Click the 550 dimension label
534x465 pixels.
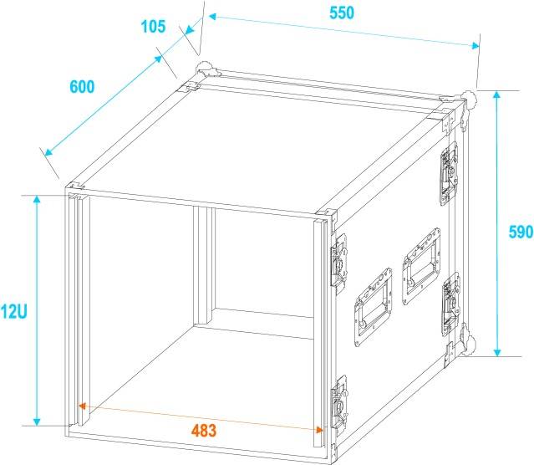[342, 13]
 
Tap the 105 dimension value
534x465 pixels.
[153, 26]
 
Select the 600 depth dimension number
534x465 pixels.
[82, 87]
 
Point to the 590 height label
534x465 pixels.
[521, 232]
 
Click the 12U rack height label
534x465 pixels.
[13, 312]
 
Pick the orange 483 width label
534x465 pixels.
[204, 431]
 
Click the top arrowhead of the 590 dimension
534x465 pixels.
[497, 95]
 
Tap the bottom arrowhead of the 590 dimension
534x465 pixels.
[497, 352]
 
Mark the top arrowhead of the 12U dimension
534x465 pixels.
[37, 200]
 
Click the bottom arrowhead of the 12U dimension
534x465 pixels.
[37, 422]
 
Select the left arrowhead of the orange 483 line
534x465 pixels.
[83, 406]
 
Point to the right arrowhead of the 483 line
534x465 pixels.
[319, 430]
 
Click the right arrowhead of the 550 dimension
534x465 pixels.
[475, 46]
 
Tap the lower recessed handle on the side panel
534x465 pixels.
[373, 307]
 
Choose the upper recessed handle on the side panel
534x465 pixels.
[421, 267]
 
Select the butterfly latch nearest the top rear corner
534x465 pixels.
[449, 173]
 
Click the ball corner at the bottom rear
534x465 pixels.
[470, 345]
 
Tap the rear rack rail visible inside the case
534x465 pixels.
[205, 266]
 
